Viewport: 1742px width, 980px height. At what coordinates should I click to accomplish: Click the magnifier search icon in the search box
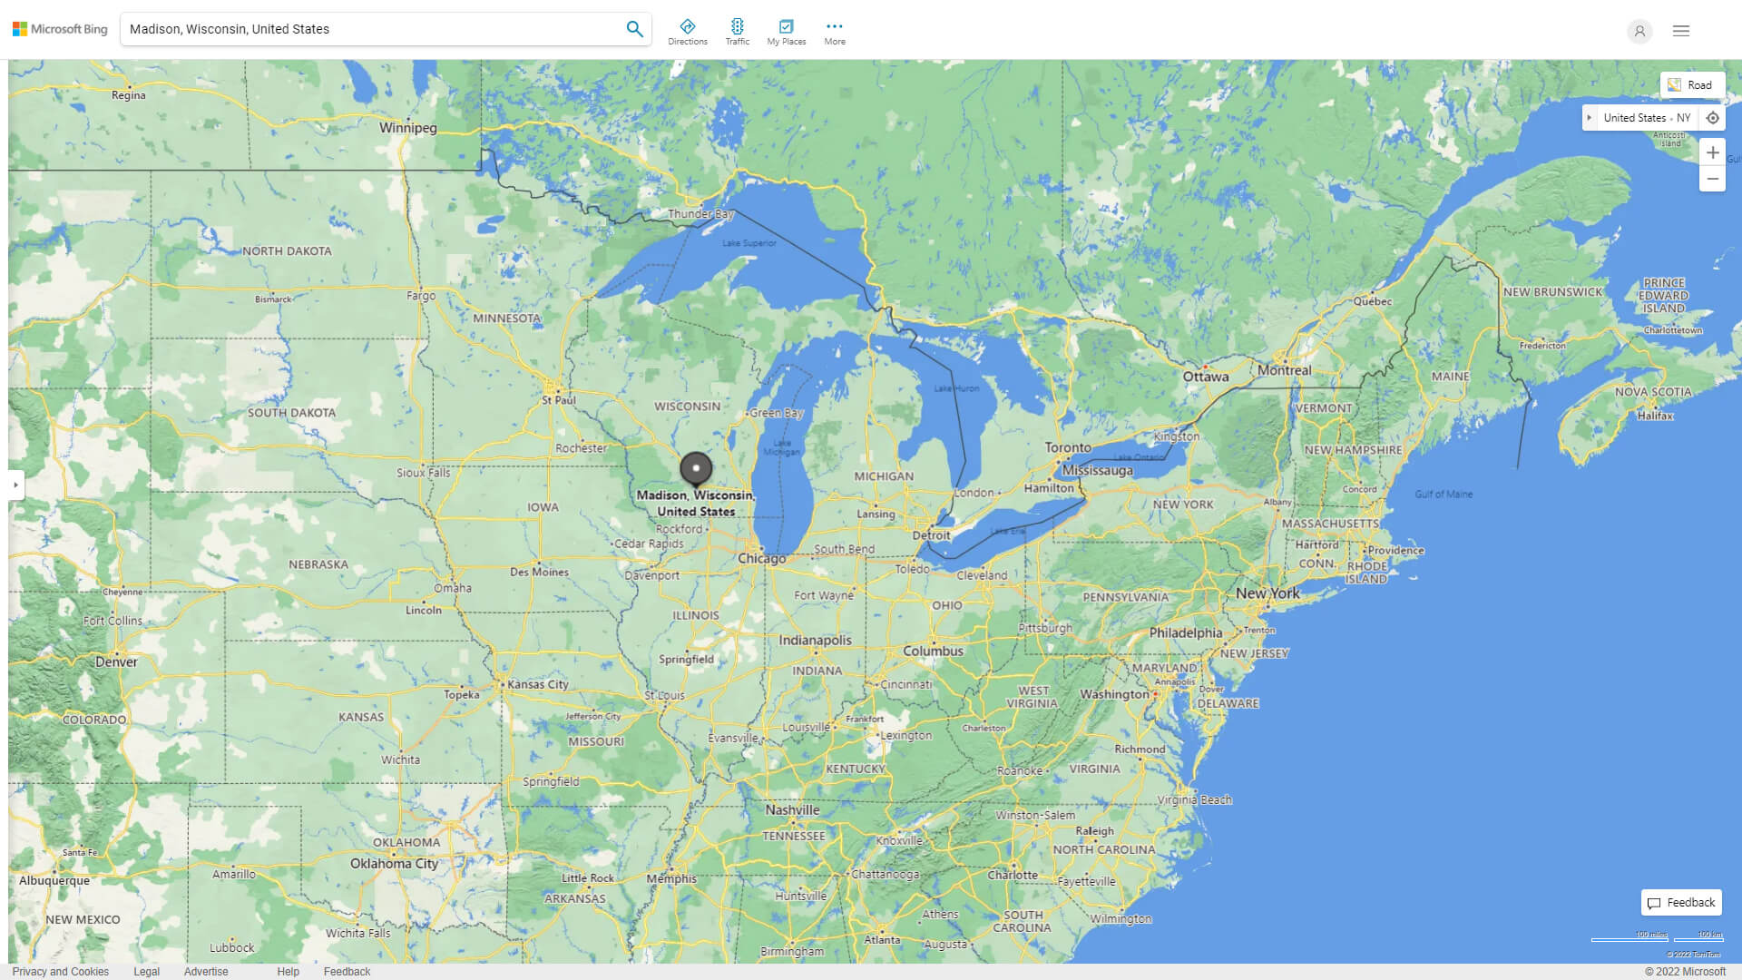[634, 29]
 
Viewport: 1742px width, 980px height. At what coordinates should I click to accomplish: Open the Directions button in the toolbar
[687, 31]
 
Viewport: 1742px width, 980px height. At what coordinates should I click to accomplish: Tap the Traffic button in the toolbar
[737, 31]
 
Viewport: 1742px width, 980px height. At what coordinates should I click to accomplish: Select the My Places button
[786, 31]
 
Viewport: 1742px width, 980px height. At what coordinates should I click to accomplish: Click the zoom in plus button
[1712, 152]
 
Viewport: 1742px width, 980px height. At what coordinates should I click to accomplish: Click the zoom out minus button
[1712, 179]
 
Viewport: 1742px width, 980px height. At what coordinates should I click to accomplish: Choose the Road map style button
[1691, 85]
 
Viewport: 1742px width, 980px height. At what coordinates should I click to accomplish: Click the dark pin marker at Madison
[696, 468]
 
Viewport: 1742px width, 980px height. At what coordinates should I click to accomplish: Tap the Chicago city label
[761, 559]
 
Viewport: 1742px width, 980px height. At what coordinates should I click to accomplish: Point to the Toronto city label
[1068, 447]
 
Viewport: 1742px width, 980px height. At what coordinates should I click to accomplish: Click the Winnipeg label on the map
[407, 128]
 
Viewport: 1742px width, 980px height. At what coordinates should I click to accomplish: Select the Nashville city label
[791, 810]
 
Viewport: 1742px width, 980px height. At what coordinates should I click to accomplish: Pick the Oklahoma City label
[394, 864]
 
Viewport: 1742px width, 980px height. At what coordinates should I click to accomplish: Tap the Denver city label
[116, 662]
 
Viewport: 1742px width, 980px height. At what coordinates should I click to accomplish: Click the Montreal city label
[1284, 370]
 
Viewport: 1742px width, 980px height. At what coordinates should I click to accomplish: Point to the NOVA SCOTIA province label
[1652, 392]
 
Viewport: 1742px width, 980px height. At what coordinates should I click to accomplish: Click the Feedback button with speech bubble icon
[1681, 903]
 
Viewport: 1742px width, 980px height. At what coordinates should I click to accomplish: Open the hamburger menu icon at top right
[1680, 31]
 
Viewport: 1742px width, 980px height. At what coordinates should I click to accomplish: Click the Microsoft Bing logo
[60, 29]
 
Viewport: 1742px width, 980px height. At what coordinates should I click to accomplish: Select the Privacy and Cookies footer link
[61, 972]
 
